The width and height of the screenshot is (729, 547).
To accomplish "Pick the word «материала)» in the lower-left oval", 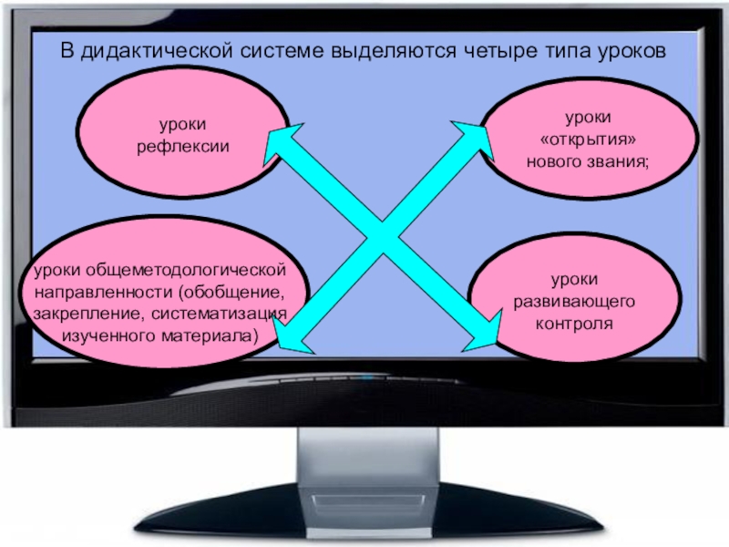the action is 212,335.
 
